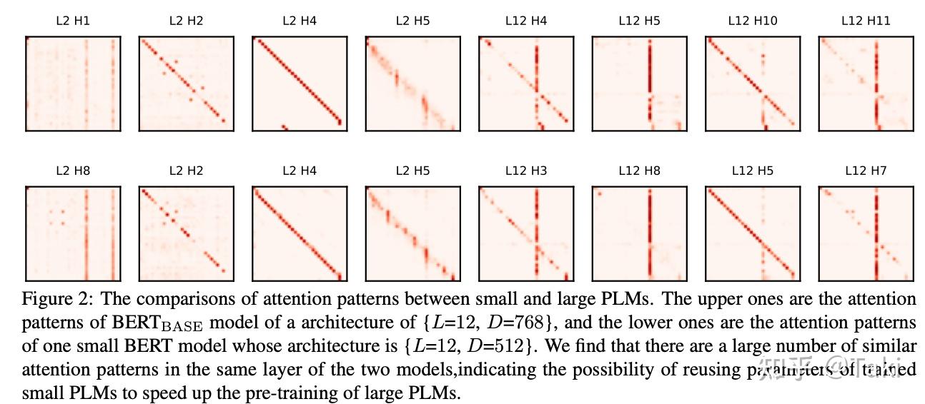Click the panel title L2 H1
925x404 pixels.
tap(72, 21)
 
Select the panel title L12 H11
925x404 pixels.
tap(866, 21)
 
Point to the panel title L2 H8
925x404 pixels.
tap(72, 171)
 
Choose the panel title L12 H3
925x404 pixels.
tap(525, 171)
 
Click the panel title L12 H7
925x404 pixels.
tap(866, 171)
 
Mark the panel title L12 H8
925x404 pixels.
tap(639, 171)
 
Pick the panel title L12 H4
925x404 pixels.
tap(525, 21)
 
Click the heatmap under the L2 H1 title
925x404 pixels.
tap(73, 84)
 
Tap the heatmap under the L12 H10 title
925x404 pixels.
tap(753, 84)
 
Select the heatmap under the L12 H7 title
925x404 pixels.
tap(866, 234)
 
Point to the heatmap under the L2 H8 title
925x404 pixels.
tap(73, 234)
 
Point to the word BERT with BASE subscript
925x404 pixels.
tap(159, 323)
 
